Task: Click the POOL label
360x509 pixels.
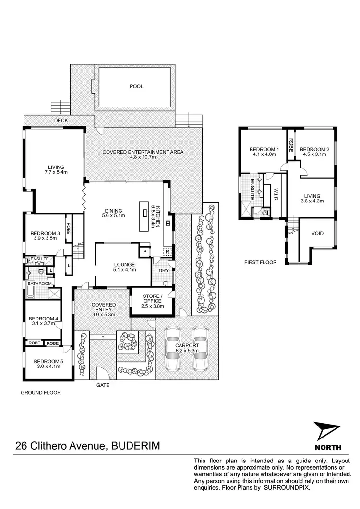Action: (x=136, y=87)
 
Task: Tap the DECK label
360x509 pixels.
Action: (x=60, y=121)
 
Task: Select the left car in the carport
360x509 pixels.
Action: (x=172, y=350)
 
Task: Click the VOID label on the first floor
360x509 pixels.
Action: (x=317, y=234)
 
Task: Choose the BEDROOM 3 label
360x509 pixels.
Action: (x=44, y=234)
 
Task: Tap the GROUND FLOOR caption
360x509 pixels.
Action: (x=40, y=392)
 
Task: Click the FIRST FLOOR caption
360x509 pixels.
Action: (x=258, y=263)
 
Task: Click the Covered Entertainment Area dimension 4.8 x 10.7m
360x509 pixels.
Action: (x=143, y=157)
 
